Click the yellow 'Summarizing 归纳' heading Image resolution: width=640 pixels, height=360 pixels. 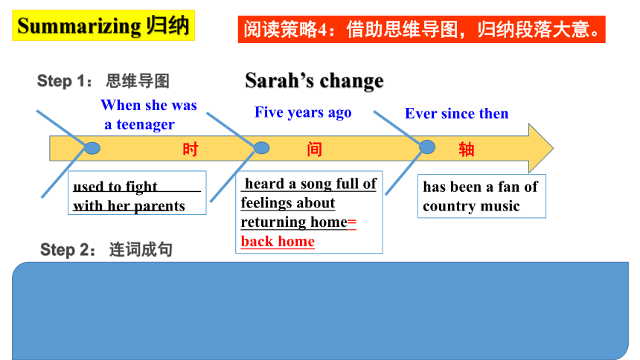click(103, 25)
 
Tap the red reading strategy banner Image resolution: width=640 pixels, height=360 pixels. click(421, 30)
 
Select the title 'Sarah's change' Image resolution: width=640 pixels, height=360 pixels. click(314, 80)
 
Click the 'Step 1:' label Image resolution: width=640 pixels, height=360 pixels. click(65, 81)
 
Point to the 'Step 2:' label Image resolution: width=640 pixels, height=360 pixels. click(68, 249)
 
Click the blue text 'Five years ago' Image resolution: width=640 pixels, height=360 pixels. click(303, 112)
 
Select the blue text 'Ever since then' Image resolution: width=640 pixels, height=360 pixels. click(457, 113)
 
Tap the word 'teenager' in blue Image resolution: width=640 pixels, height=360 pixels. click(146, 124)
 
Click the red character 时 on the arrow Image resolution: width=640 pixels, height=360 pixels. click(191, 150)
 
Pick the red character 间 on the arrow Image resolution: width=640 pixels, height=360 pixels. click(314, 150)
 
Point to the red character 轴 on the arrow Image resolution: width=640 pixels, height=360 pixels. click(467, 150)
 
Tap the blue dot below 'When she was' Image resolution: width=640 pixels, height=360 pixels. click(93, 148)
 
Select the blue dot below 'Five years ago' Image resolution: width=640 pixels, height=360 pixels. click(261, 148)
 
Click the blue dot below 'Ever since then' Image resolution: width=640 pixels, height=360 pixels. click(427, 147)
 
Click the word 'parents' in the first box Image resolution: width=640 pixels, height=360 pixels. click(159, 206)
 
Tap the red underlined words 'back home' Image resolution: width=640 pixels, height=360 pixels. click(278, 241)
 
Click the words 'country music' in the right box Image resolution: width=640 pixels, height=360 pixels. click(471, 206)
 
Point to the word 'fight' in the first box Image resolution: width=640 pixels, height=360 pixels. click(141, 187)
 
